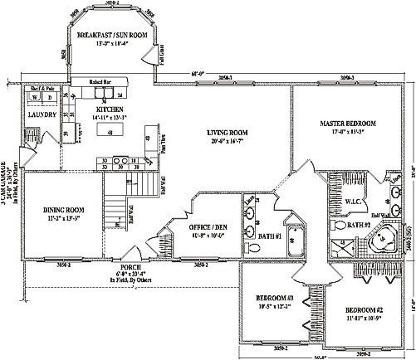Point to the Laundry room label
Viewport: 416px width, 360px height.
pos(42,114)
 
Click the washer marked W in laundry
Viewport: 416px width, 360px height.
pos(34,98)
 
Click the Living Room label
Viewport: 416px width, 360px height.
pos(228,132)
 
